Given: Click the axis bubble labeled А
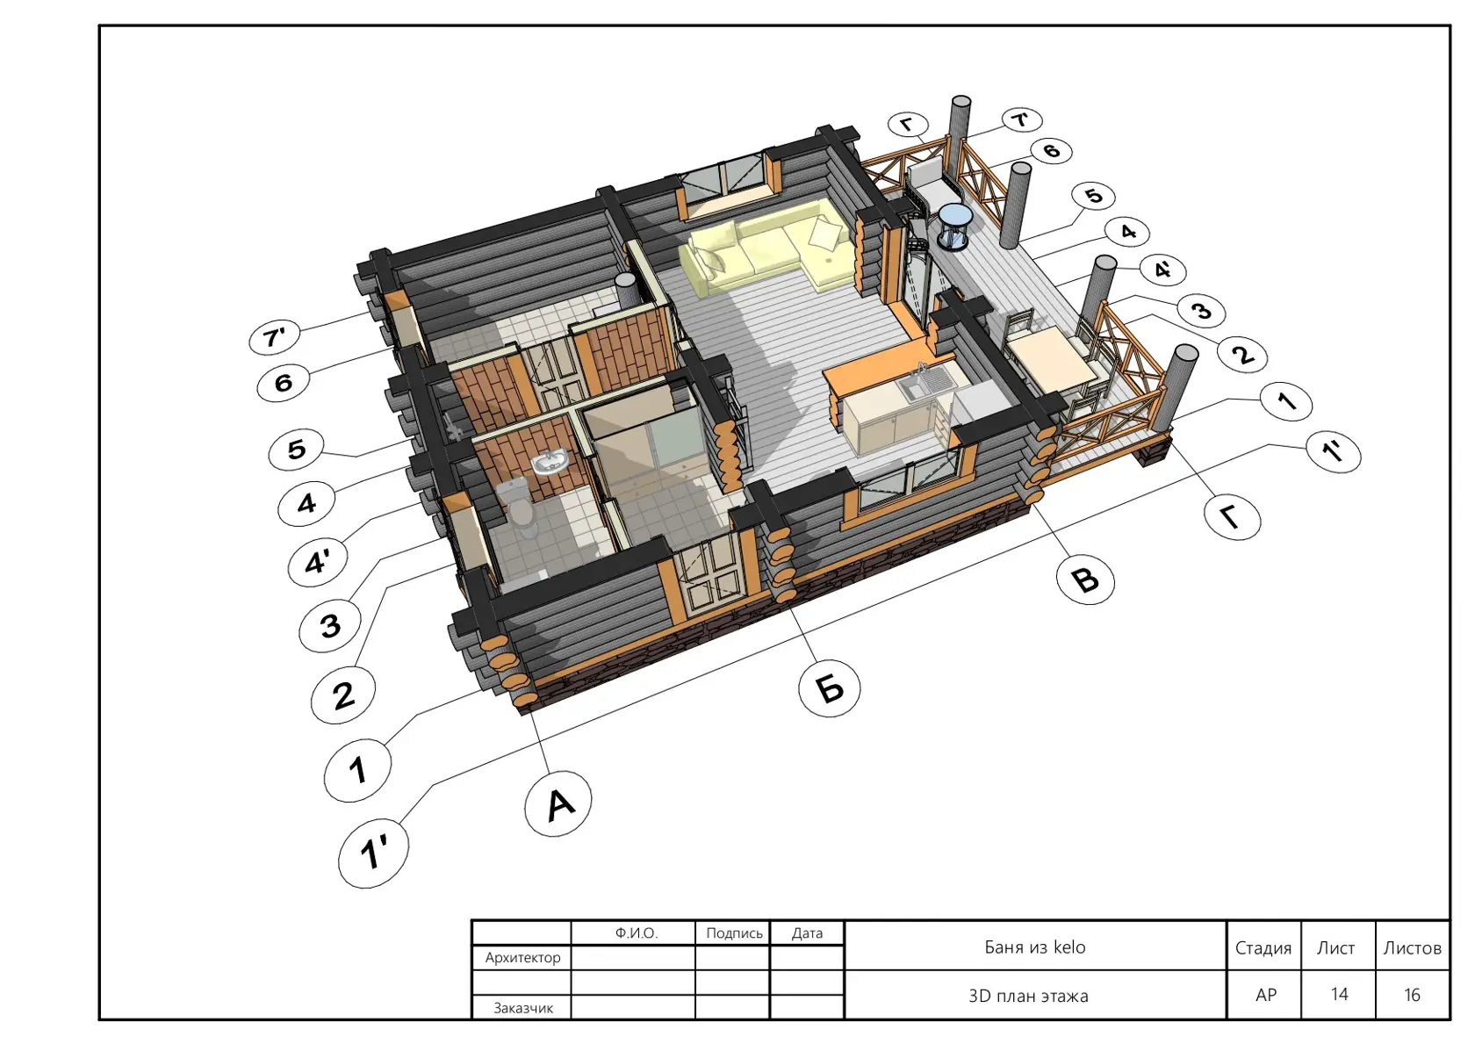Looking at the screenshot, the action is pyautogui.click(x=558, y=803).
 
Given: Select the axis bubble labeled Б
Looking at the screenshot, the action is pyautogui.click(x=829, y=688).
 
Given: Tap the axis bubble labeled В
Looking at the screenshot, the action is pyautogui.click(x=1085, y=580).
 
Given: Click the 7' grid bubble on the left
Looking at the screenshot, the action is pyautogui.click(x=275, y=338).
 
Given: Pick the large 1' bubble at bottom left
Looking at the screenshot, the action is pyautogui.click(x=373, y=852).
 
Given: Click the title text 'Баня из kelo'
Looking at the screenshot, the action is pyautogui.click(x=1034, y=947).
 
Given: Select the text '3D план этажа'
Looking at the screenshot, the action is pyautogui.click(x=1028, y=996).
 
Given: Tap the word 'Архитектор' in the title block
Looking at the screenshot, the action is pyautogui.click(x=523, y=958).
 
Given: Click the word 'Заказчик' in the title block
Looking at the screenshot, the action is pyautogui.click(x=523, y=1008).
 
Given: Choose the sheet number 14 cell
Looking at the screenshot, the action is pyautogui.click(x=1339, y=995).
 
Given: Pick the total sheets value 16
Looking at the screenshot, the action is pyautogui.click(x=1412, y=995).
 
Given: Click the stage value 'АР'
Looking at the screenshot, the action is pyautogui.click(x=1265, y=995).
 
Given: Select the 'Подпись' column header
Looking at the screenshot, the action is pyautogui.click(x=734, y=933).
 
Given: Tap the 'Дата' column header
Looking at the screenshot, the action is pyautogui.click(x=808, y=933).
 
